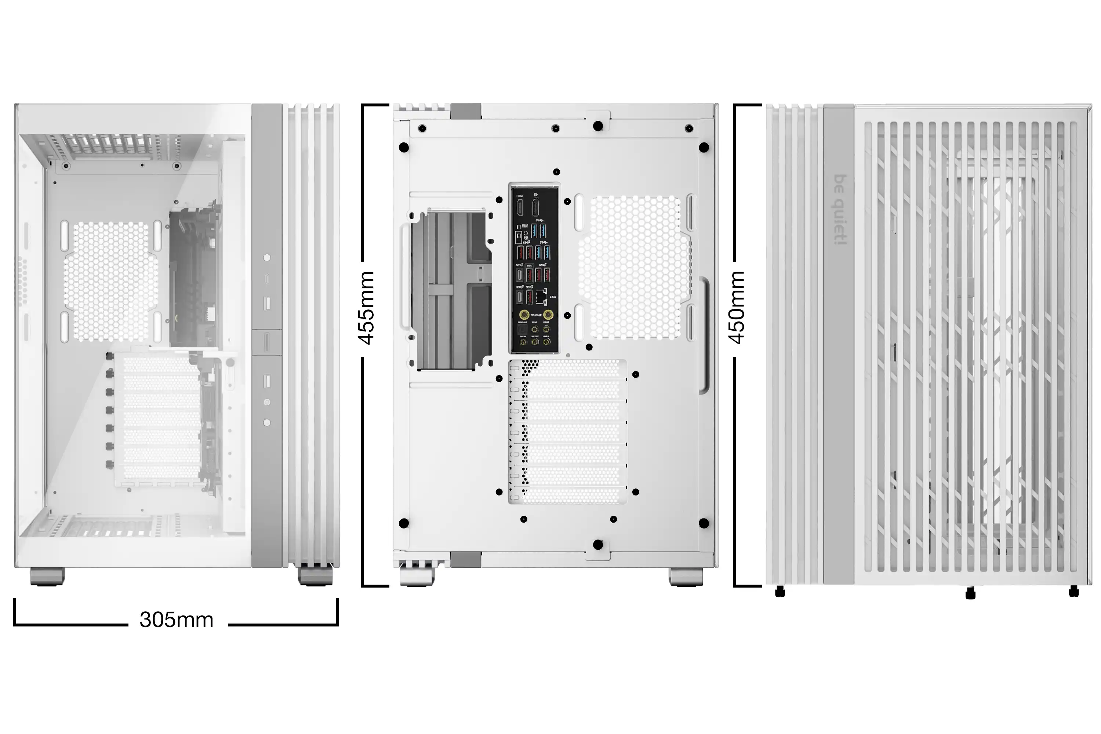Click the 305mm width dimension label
coord(176,620)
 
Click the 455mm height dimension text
coord(367,308)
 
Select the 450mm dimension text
coord(737,308)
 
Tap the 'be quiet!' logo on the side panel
coord(840,210)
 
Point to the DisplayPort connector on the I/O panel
coord(536,208)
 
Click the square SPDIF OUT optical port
coord(522,331)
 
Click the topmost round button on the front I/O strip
coord(267,258)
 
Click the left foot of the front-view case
coord(47,576)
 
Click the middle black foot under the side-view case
coord(970,593)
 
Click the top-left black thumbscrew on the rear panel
coord(403,148)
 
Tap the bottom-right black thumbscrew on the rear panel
coord(704,523)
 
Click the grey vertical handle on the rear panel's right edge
coord(704,335)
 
